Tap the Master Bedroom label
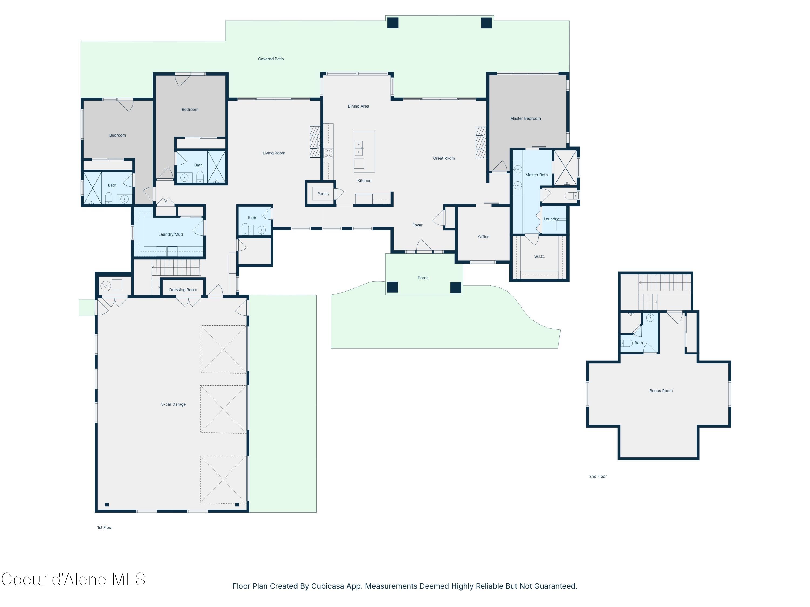(x=525, y=118)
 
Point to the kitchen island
(x=364, y=152)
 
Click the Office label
(x=483, y=237)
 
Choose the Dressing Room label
(x=183, y=290)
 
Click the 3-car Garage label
(x=173, y=404)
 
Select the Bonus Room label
(x=661, y=391)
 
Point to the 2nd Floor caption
(x=598, y=476)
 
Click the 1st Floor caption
(x=105, y=528)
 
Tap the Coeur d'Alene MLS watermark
(x=73, y=579)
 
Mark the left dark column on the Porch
(x=392, y=287)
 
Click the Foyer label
(x=417, y=225)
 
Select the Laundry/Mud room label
(x=170, y=234)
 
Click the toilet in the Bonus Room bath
(x=627, y=343)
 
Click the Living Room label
(x=274, y=153)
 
